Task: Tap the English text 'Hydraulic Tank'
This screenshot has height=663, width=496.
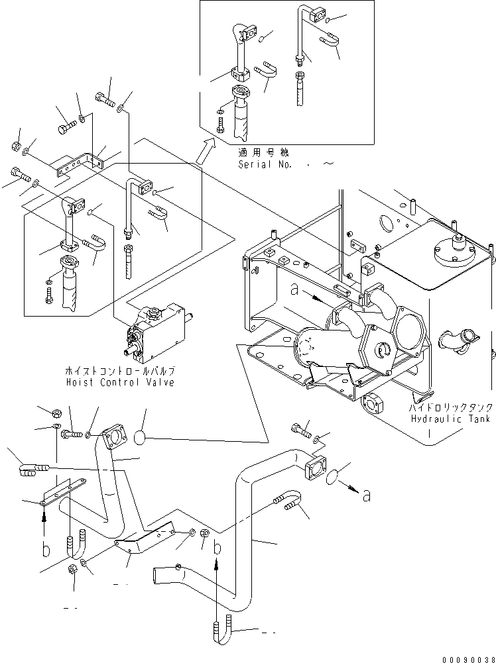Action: pos(451,419)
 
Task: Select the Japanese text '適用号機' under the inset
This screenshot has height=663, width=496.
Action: pos(258,152)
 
